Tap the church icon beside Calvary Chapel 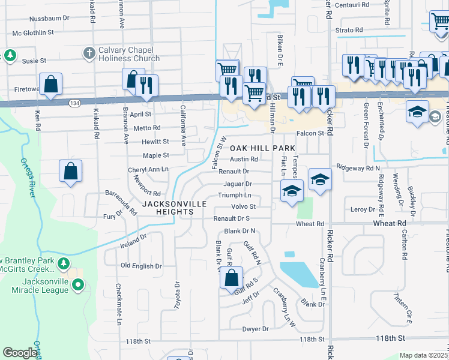(x=89, y=53)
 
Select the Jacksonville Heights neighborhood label (x=174, y=208)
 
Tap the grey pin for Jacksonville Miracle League (x=77, y=286)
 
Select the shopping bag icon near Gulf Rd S (x=231, y=278)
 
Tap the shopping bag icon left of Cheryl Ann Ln (x=70, y=171)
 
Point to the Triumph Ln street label (x=234, y=196)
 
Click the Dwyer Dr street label (x=255, y=329)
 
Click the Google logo (x=20, y=353)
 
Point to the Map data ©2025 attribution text (x=424, y=355)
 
